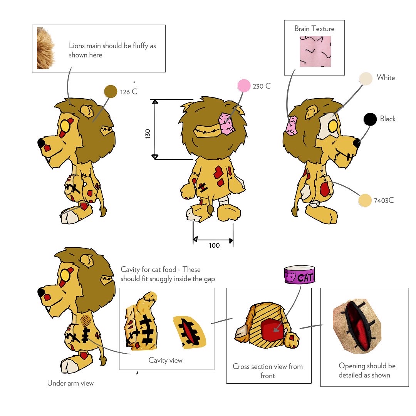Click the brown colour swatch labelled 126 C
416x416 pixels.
pyautogui.click(x=111, y=91)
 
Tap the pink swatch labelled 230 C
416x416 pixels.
pyautogui.click(x=244, y=86)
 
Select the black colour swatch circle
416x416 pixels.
pyautogui.click(x=370, y=119)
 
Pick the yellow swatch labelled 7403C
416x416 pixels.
pyautogui.click(x=364, y=201)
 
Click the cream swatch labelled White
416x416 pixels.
pyautogui.click(x=366, y=79)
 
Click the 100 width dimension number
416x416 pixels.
pyautogui.click(x=214, y=245)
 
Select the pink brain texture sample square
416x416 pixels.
pyautogui.click(x=315, y=51)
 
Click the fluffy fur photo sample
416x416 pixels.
pyautogui.click(x=46, y=48)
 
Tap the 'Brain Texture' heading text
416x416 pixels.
pyautogui.click(x=314, y=29)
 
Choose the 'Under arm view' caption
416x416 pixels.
pyautogui.click(x=70, y=383)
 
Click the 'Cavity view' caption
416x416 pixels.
pyautogui.click(x=165, y=360)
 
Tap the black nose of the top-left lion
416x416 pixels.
pyautogui.click(x=41, y=143)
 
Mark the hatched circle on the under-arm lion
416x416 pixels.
pyautogui.click(x=86, y=319)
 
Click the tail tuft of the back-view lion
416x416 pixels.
pyautogui.click(x=210, y=210)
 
